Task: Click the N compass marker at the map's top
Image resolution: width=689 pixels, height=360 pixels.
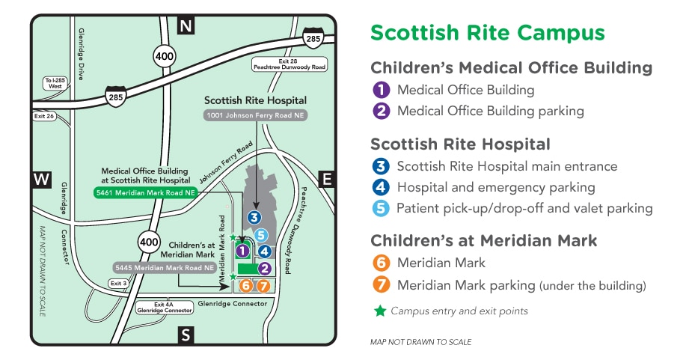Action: click(186, 27)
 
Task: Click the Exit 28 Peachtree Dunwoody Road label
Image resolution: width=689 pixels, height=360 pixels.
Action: click(290, 64)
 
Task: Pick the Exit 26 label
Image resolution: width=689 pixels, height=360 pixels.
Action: click(43, 116)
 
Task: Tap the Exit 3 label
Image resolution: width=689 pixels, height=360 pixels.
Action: click(118, 284)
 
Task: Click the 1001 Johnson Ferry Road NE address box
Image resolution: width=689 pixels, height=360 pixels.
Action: click(255, 116)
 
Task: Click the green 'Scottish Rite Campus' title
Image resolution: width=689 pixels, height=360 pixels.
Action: click(488, 33)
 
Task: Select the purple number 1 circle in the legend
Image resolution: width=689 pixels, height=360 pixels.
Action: click(382, 90)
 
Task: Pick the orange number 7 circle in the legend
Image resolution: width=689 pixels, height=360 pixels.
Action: click(382, 285)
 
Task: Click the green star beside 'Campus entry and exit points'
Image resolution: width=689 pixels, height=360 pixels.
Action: click(381, 311)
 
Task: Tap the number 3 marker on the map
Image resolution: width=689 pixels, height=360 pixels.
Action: click(254, 218)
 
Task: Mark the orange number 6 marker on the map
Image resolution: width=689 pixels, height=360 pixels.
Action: click(245, 285)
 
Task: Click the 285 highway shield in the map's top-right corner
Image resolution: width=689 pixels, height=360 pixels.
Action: click(312, 36)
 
